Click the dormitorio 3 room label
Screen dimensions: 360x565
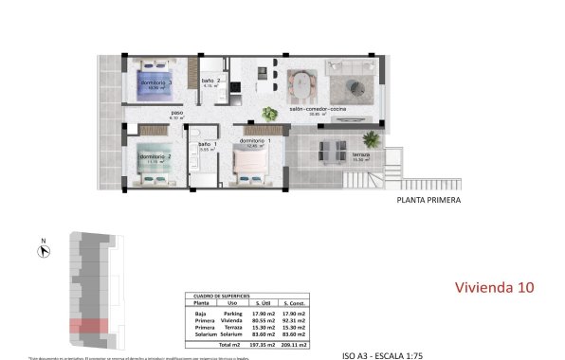(157, 82)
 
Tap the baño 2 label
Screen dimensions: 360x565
(210, 81)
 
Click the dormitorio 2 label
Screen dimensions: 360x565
(155, 156)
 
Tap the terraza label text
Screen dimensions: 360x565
(360, 154)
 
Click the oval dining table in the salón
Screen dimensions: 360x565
(301, 84)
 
